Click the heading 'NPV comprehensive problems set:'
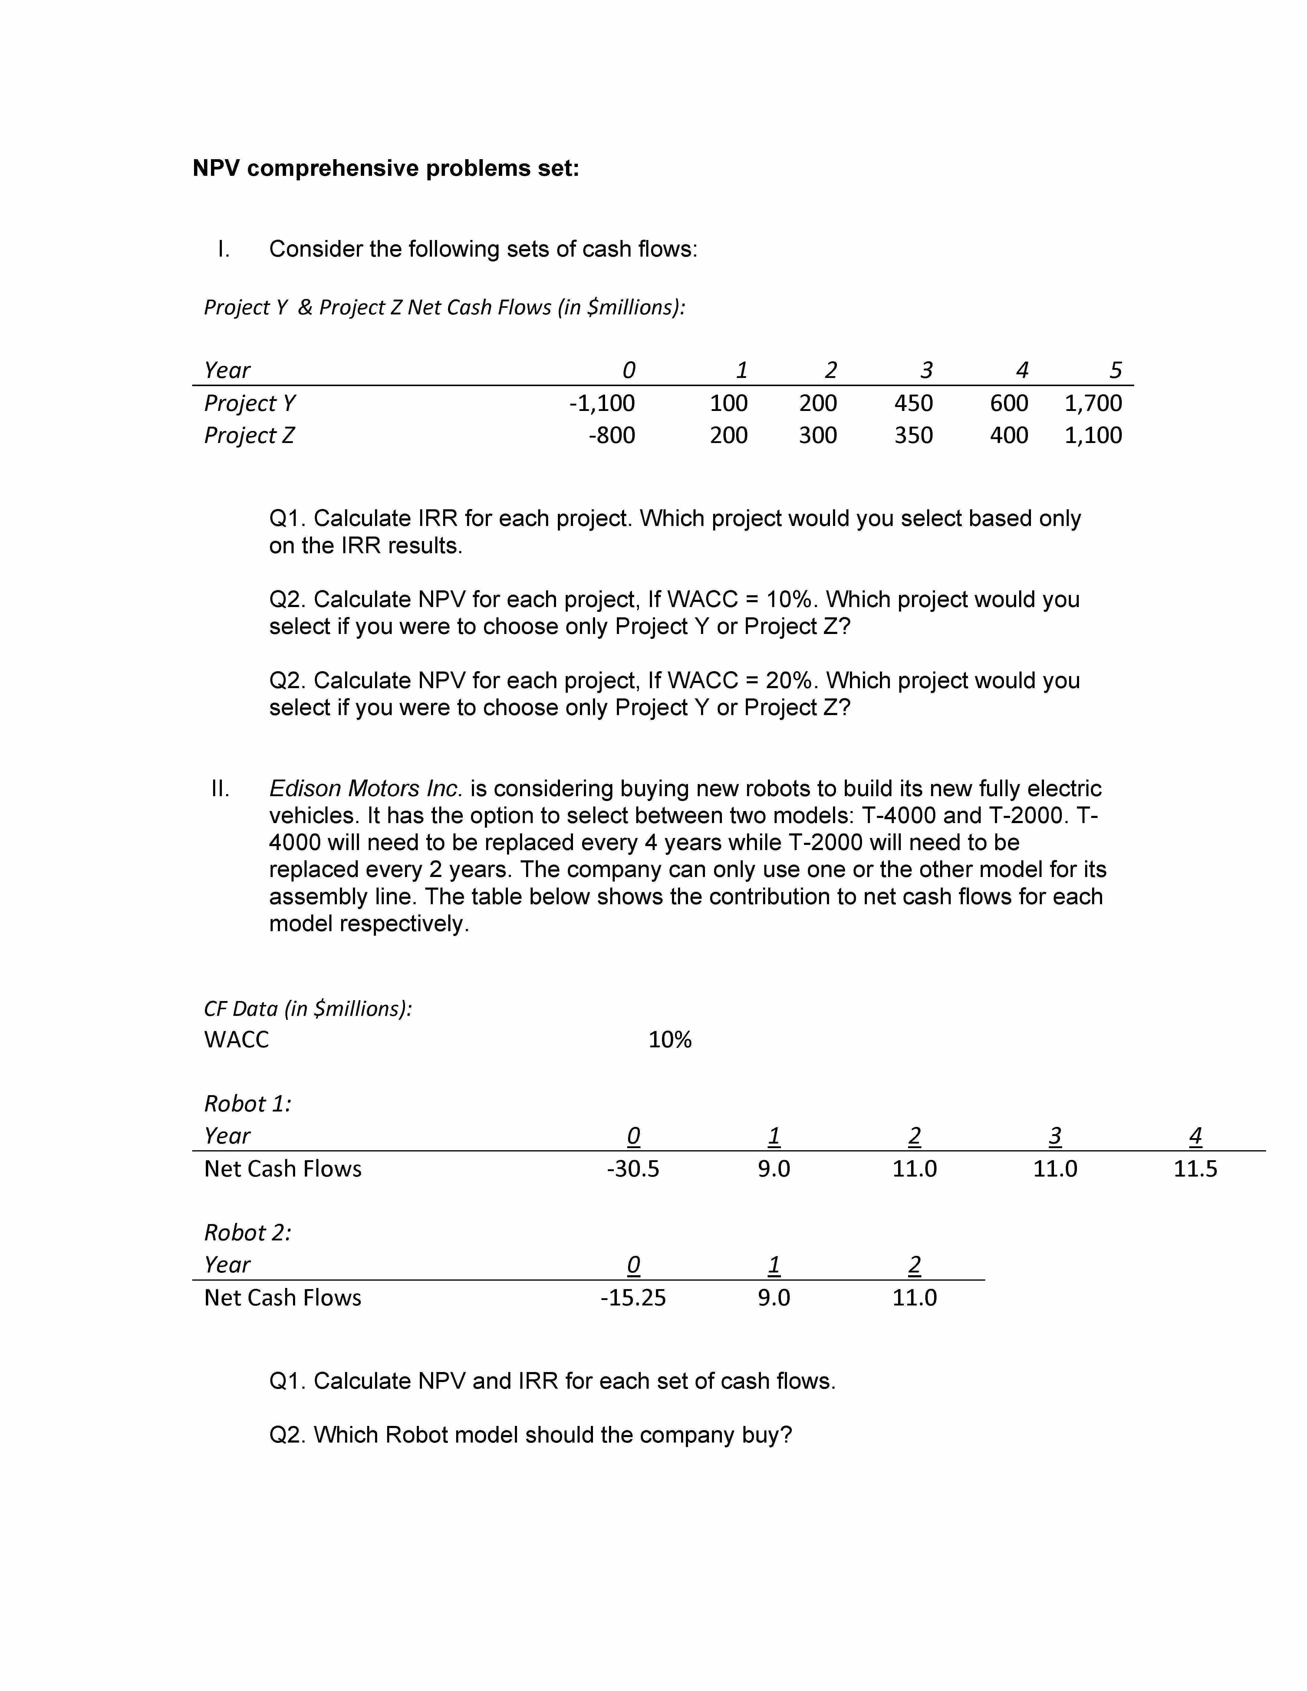tap(386, 168)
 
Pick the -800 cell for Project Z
tap(612, 435)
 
